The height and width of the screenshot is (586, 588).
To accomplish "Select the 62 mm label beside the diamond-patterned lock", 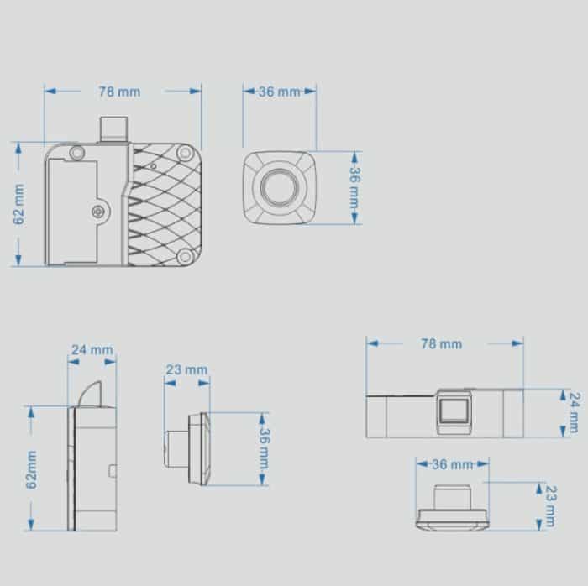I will (x=19, y=203).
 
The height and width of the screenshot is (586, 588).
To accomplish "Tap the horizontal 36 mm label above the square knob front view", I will (x=279, y=92).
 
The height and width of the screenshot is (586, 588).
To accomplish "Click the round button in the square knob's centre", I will (x=278, y=187).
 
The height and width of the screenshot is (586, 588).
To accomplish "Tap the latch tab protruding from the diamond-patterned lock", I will (x=112, y=128).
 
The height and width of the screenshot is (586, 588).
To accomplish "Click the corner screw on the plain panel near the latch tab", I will (x=77, y=153).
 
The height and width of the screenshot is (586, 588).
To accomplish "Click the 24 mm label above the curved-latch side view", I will (x=92, y=349).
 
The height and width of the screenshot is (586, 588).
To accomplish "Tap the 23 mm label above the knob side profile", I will (x=186, y=369).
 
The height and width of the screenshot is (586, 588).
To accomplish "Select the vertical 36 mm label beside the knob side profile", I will (x=263, y=449).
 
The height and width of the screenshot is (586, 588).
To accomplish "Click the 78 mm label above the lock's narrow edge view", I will (x=440, y=343).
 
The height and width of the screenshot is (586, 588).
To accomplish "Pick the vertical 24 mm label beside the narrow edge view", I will (x=574, y=412).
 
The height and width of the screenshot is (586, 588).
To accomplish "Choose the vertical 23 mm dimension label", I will (x=550, y=505).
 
